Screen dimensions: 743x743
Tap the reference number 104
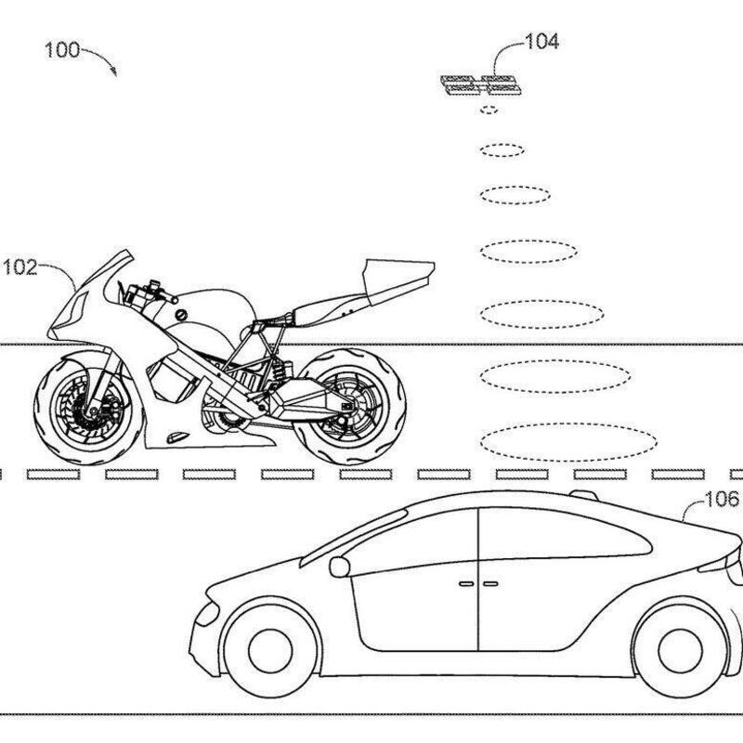tap(541, 41)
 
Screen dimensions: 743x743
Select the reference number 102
tap(20, 269)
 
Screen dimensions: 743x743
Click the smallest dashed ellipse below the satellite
tap(488, 111)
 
